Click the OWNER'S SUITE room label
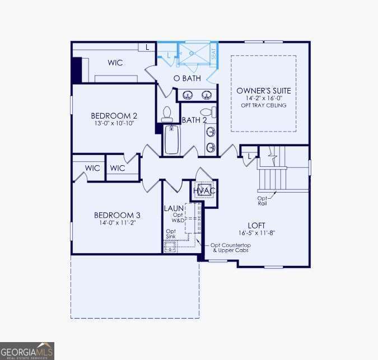(x=263, y=91)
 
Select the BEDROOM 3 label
(x=116, y=215)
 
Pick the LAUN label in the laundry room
(x=171, y=208)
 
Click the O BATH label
(x=186, y=78)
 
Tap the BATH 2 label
(x=194, y=120)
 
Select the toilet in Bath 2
(x=166, y=114)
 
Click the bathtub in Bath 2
(x=172, y=139)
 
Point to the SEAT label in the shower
(x=213, y=54)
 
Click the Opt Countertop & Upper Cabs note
(x=230, y=247)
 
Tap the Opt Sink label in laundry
(x=171, y=234)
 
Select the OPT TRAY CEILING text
(x=263, y=105)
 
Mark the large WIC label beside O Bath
(x=115, y=63)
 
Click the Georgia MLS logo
(x=27, y=350)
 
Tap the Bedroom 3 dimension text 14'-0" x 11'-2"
(x=116, y=223)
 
